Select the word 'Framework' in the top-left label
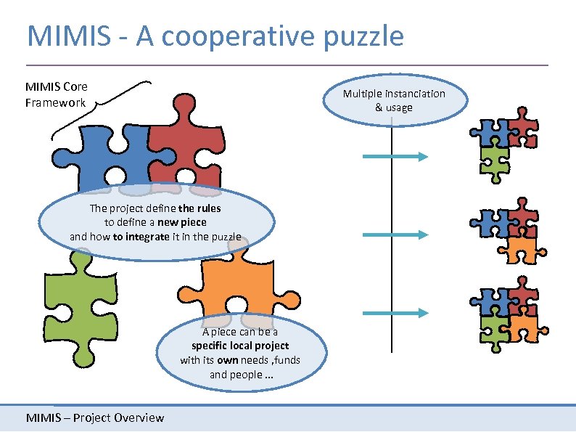[55, 102]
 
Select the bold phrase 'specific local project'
[240, 346]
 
